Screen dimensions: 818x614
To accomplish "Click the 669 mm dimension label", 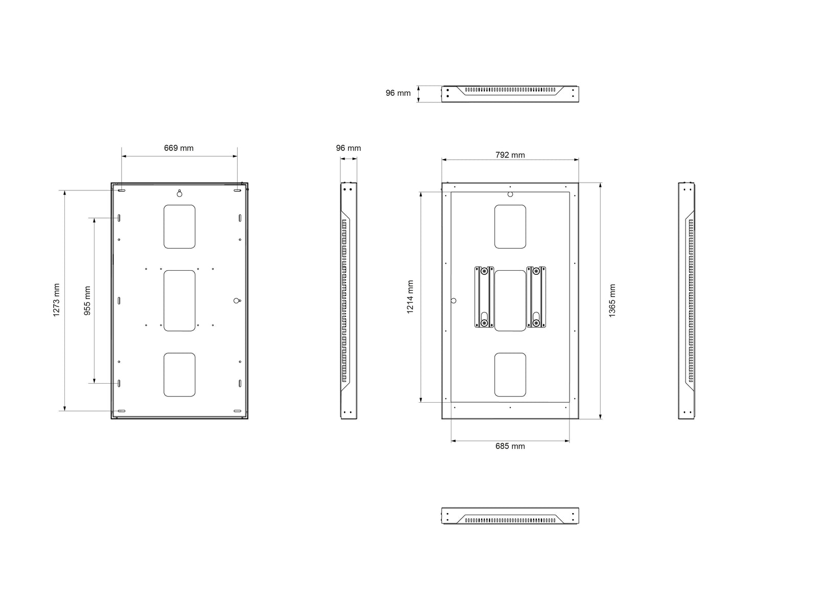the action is click(178, 148).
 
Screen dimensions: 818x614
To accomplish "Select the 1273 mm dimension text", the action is click(56, 300).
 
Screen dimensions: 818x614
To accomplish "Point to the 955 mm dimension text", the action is click(87, 300).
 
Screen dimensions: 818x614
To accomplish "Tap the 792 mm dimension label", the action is click(510, 155).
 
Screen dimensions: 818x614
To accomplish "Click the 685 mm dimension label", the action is click(510, 446).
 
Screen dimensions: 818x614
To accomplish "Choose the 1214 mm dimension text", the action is click(410, 297).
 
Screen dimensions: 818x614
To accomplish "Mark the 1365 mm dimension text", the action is click(612, 300).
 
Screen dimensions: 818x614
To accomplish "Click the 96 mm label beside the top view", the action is click(398, 93).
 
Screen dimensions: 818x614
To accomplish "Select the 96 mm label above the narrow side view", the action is click(348, 148).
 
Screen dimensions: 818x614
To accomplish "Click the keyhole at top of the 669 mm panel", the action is click(179, 193).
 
